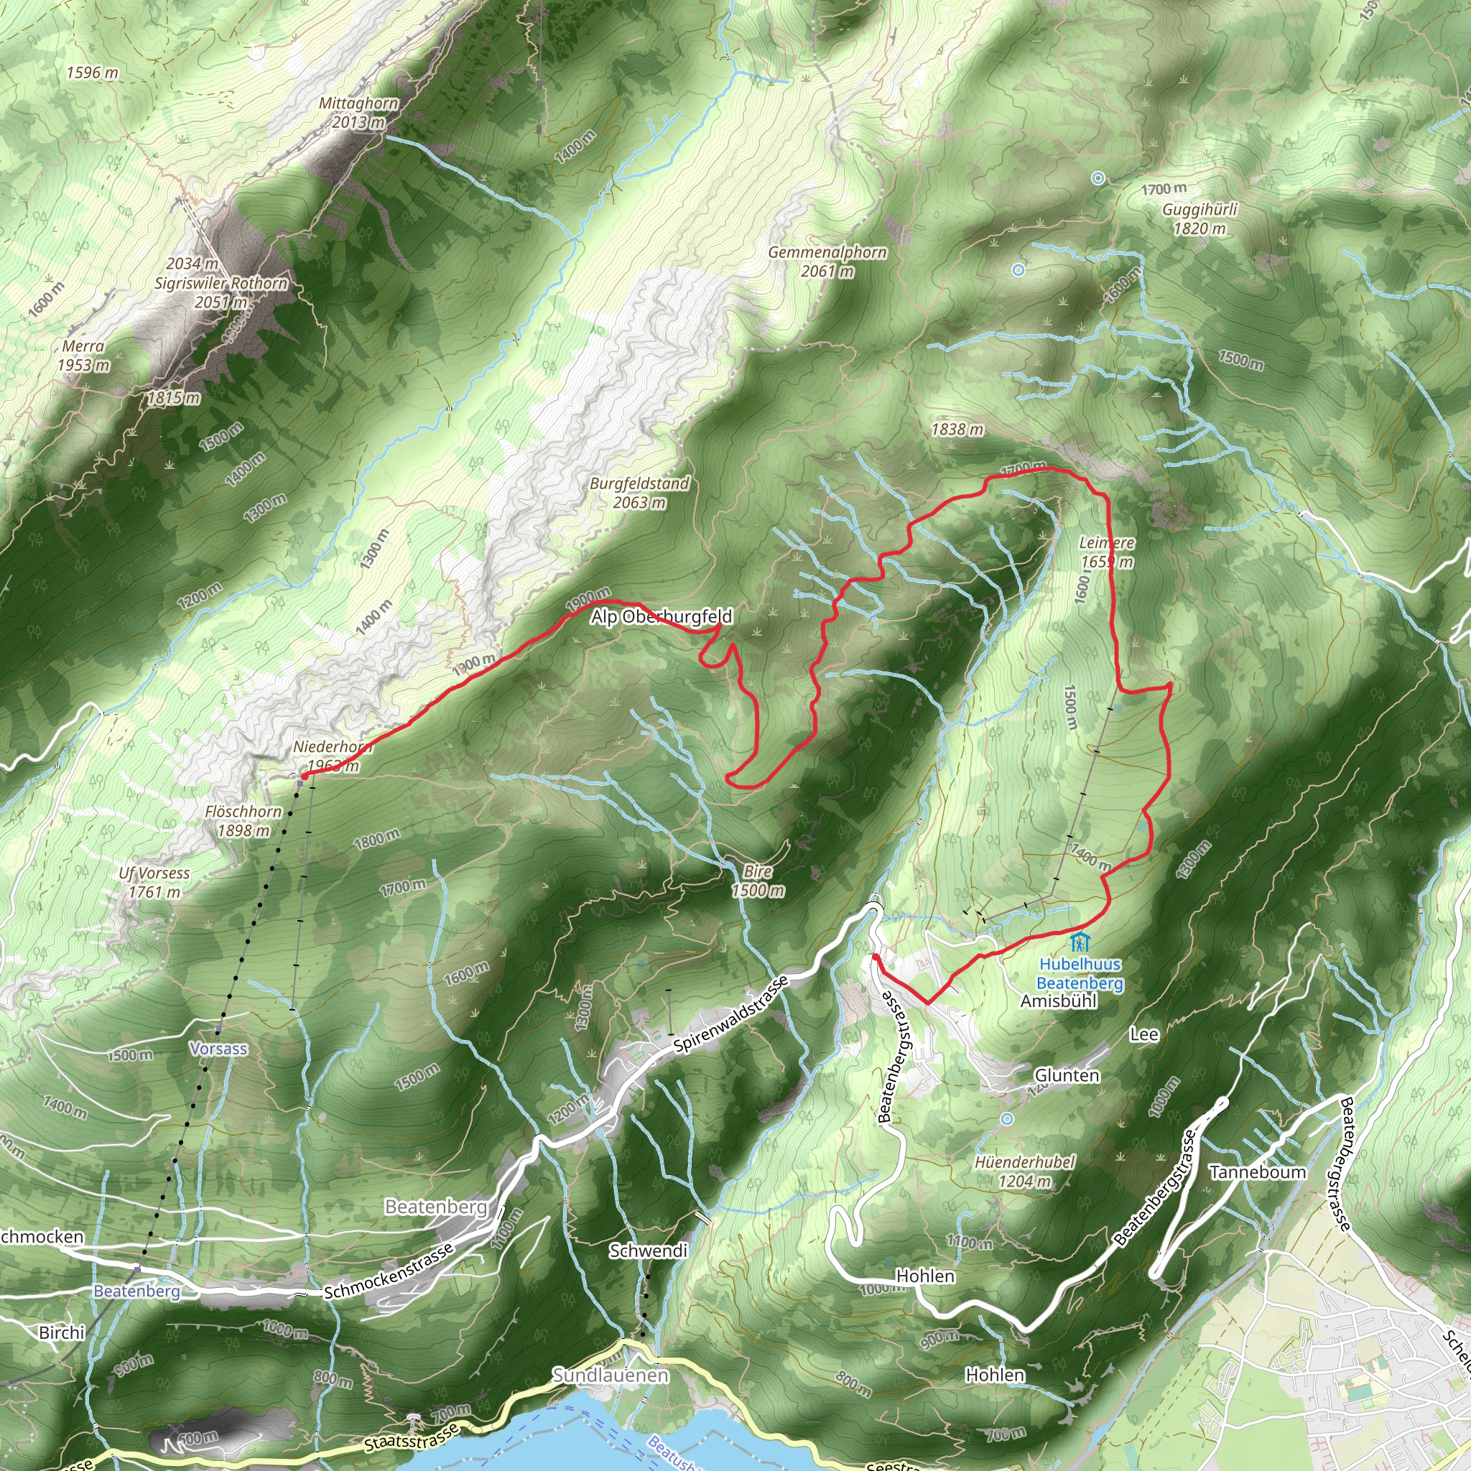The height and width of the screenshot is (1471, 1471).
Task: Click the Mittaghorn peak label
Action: click(x=358, y=103)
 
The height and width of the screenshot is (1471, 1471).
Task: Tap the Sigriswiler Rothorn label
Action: click(x=221, y=283)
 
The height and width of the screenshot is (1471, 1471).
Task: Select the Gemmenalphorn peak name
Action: click(x=827, y=252)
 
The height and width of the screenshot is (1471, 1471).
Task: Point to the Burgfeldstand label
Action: click(x=639, y=483)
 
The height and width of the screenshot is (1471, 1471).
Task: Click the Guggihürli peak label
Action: click(x=1200, y=210)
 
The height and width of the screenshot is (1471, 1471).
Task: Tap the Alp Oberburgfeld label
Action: click(x=661, y=617)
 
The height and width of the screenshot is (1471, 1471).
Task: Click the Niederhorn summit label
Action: click(x=332, y=747)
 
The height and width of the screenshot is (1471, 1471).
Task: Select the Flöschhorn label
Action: click(x=243, y=812)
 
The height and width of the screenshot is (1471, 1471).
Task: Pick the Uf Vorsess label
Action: click(x=154, y=873)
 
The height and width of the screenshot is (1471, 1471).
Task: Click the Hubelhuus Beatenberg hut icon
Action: click(x=1079, y=942)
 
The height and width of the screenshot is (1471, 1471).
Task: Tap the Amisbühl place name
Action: click(x=1058, y=1001)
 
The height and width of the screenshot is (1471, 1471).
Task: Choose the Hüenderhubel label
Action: click(x=1025, y=1163)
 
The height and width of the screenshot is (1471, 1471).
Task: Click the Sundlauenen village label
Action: click(x=611, y=1375)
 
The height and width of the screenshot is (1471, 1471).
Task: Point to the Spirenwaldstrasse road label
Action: click(x=731, y=1014)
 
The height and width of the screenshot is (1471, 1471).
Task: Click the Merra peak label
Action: click(x=83, y=346)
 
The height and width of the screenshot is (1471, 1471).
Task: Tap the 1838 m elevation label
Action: click(x=957, y=430)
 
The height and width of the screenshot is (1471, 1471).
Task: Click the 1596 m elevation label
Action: click(x=92, y=73)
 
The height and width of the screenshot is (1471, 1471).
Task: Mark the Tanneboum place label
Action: click(x=1258, y=1171)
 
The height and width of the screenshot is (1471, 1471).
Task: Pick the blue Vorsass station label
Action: click(x=218, y=1049)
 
